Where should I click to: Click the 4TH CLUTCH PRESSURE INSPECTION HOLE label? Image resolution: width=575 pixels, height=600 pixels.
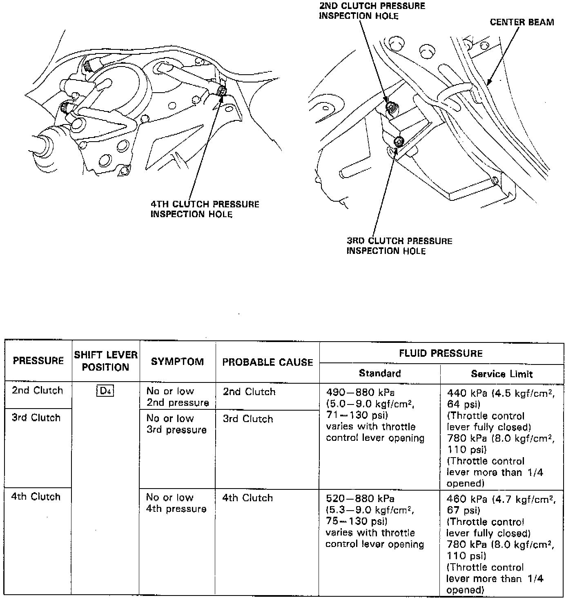point(205,209)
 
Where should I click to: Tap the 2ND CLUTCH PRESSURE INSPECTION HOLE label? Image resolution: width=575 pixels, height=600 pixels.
point(372,11)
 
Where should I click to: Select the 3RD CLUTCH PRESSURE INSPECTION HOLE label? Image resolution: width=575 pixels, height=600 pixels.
point(399,246)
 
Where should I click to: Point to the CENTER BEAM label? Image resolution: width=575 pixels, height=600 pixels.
point(522,22)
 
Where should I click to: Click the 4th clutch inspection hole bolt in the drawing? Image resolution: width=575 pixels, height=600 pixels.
point(222,91)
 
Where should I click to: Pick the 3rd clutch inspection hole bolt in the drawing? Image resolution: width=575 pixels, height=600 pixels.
point(399,142)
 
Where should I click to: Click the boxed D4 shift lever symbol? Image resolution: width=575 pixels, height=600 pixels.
point(105,391)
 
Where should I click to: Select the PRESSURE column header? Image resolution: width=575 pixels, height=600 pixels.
point(38,361)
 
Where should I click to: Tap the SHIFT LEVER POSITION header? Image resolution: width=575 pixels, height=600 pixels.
point(106,361)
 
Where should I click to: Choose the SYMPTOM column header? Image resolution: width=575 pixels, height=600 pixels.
point(177,362)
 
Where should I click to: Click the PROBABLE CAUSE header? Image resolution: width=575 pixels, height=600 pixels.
point(267,362)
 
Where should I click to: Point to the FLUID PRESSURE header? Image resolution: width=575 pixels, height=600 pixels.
point(441,353)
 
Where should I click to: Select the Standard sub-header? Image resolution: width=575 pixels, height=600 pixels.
point(380,373)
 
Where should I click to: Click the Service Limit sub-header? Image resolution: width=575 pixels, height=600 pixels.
point(501,374)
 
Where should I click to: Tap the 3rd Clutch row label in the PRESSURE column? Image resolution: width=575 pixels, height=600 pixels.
point(36,418)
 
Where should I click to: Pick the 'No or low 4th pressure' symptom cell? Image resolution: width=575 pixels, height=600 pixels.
point(176,503)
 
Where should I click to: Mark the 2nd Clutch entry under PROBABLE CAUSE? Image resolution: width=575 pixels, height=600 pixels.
point(249,392)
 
